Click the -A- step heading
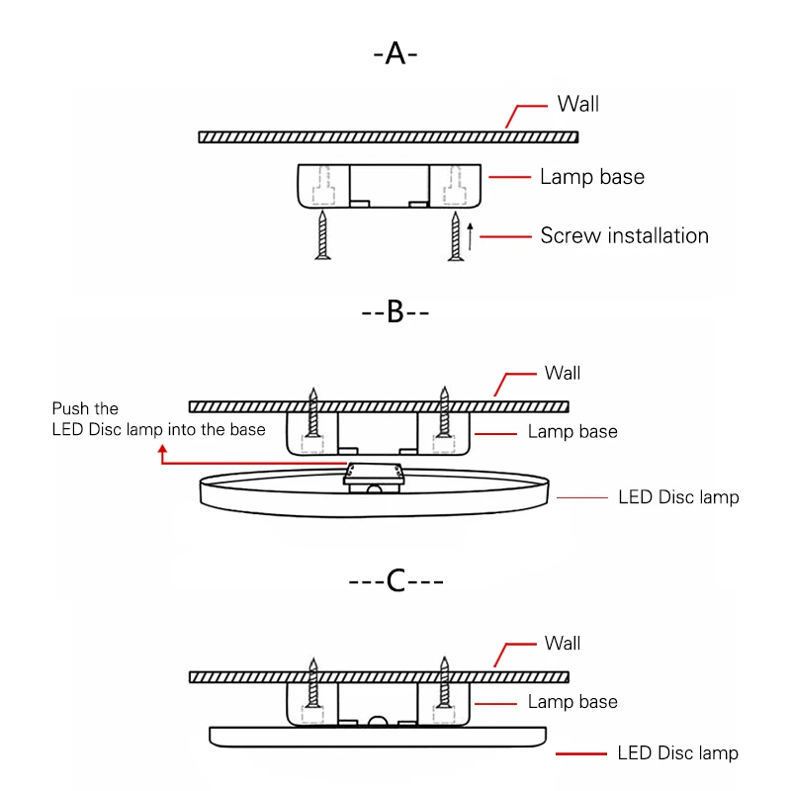pos(395,53)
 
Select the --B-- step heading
pos(395,311)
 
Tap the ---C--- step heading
pos(396,580)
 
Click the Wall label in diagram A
pos(578,104)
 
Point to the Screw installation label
pos(625,235)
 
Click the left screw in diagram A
pos(323,235)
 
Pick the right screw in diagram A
pos(456,236)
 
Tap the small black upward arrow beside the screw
pos(471,236)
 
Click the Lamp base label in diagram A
pos(592,177)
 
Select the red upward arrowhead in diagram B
pos(162,449)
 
